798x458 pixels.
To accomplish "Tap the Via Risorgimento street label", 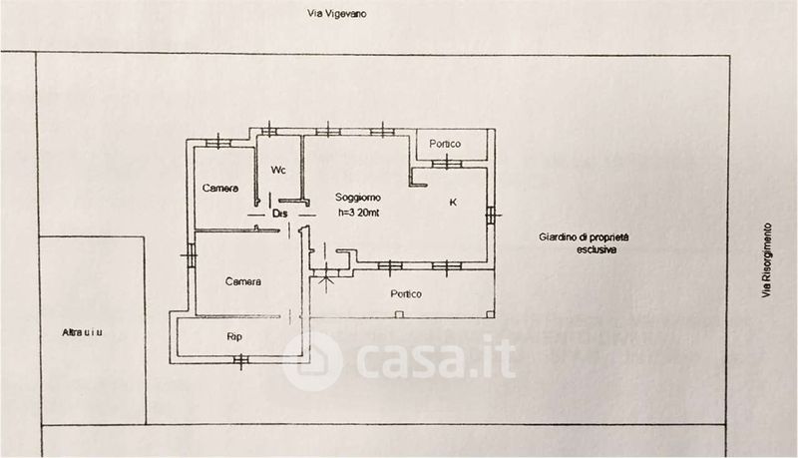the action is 766,260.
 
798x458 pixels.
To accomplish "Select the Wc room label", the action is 278,170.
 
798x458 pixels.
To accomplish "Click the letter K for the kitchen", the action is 453,203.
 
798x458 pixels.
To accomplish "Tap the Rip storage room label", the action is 235,336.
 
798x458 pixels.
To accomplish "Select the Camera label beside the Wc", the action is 219,189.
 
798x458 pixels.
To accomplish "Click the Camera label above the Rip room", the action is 242,281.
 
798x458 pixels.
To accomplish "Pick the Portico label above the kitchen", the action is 445,145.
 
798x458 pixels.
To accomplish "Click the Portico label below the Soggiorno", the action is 405,294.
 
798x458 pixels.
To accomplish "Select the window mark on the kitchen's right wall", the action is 491,212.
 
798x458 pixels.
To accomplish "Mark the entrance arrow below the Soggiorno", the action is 325,281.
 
